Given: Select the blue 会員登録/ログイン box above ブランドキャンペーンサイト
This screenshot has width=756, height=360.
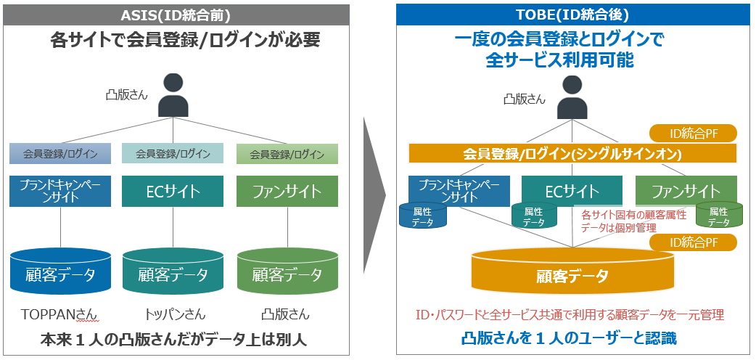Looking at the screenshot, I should (60, 153).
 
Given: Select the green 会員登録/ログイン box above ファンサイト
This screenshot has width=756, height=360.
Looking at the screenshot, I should (287, 154).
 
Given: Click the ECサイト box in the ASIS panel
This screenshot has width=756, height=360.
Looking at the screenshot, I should (173, 192).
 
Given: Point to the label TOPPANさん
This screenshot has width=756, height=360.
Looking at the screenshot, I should (60, 314).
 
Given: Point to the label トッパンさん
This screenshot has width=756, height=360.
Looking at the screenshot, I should (173, 314).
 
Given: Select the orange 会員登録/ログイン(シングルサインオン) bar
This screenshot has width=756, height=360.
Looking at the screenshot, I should (573, 154).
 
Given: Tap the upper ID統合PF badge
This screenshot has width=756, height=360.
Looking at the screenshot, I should (692, 133).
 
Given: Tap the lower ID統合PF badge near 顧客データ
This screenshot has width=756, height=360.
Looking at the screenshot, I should (692, 242).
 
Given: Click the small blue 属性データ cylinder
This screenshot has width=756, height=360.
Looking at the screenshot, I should (423, 216).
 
